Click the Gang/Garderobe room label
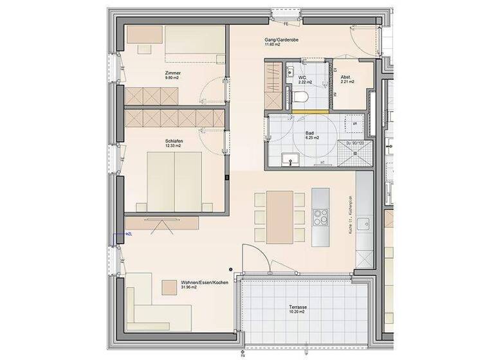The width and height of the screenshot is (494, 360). [x=280, y=40]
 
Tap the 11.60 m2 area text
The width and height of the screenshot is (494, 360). [x=273, y=46]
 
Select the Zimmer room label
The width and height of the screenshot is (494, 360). [x=173, y=73]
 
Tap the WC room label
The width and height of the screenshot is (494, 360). [x=302, y=78]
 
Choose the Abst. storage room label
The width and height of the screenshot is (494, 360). [x=345, y=78]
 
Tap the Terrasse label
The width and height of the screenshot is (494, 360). [x=298, y=308]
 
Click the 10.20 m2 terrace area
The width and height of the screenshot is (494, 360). [x=297, y=314]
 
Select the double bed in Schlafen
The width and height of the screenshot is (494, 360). [x=175, y=180]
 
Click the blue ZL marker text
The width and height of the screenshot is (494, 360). [x=130, y=234]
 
